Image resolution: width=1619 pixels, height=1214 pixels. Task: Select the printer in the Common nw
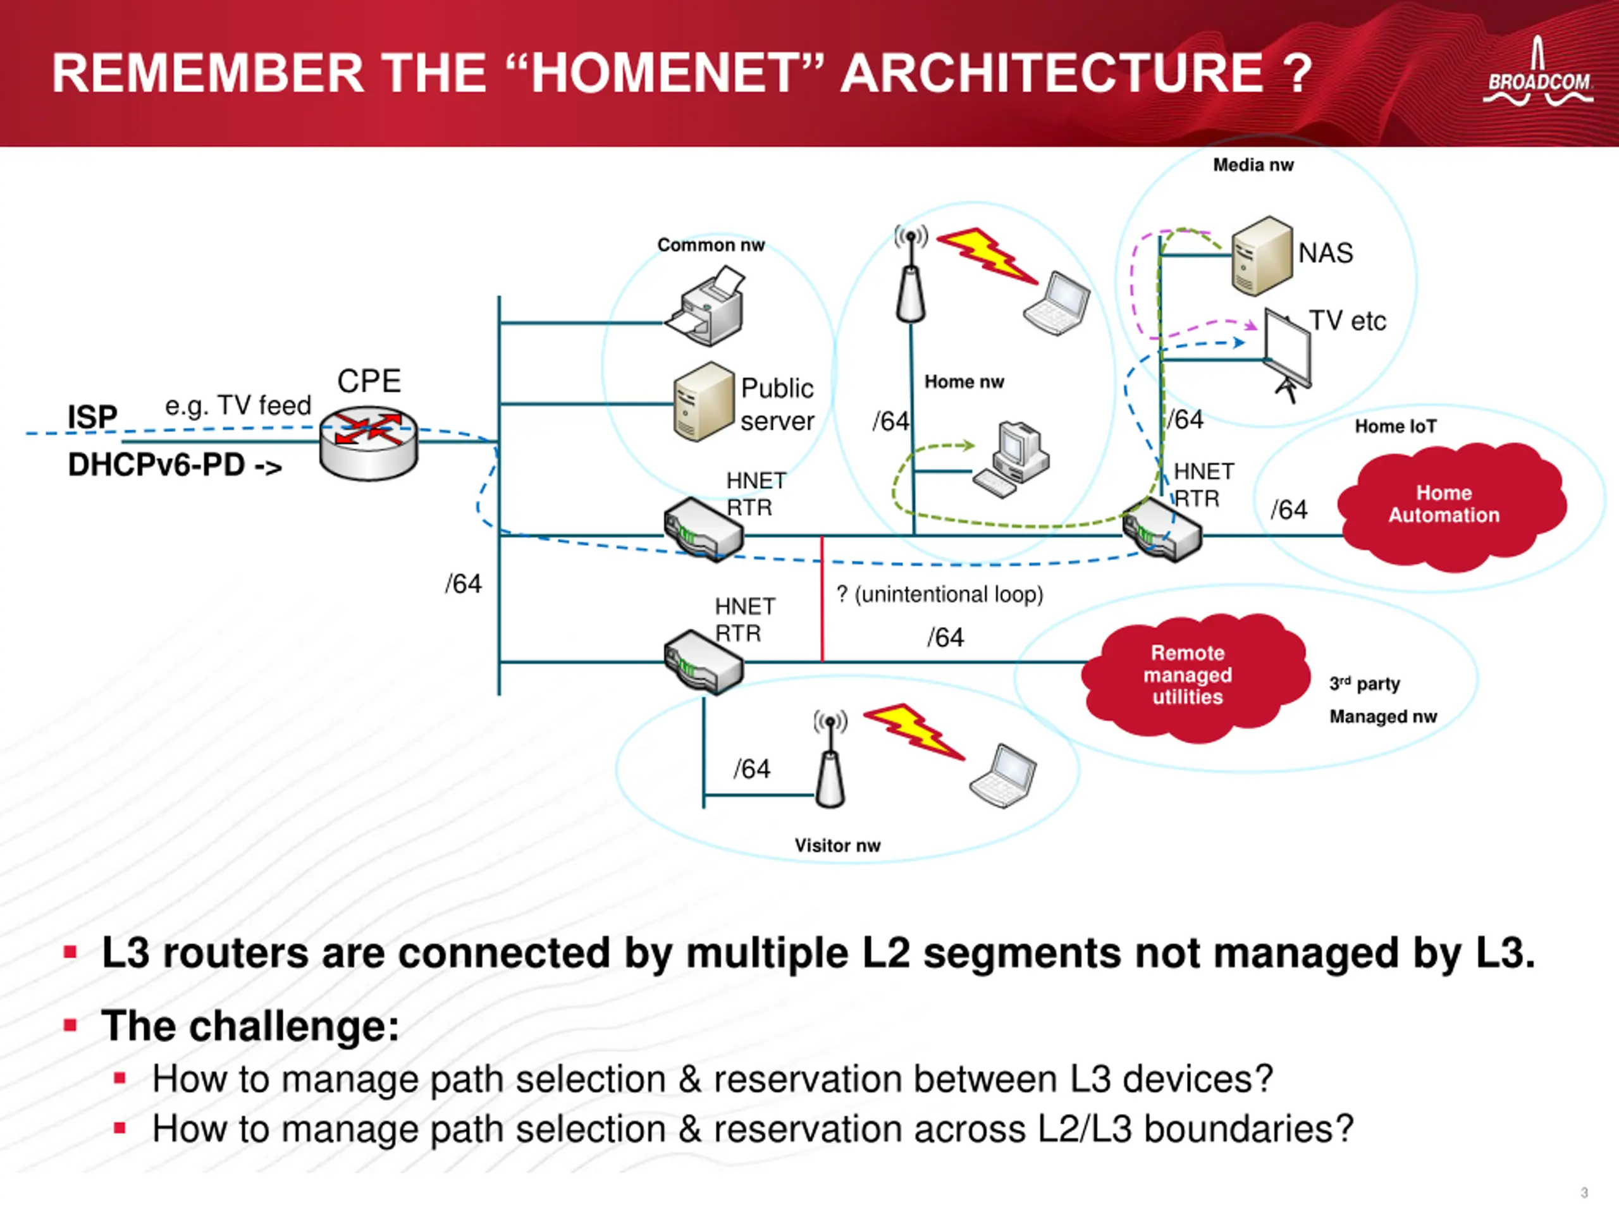click(x=706, y=307)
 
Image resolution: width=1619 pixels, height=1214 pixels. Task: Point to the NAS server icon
click(x=1261, y=255)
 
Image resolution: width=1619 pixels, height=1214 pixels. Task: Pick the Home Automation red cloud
click(x=1450, y=505)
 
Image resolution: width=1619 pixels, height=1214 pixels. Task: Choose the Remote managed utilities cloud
click(x=1193, y=675)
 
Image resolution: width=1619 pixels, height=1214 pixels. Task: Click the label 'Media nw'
click(x=1253, y=166)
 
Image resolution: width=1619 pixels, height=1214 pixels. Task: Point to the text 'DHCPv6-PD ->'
click(x=174, y=465)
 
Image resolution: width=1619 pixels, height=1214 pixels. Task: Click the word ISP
click(x=92, y=417)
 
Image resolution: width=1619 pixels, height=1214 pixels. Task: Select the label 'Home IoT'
click(x=1395, y=427)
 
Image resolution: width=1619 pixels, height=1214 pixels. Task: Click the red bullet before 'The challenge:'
click(x=70, y=1025)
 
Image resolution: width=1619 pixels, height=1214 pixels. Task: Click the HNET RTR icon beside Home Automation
click(x=1162, y=529)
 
